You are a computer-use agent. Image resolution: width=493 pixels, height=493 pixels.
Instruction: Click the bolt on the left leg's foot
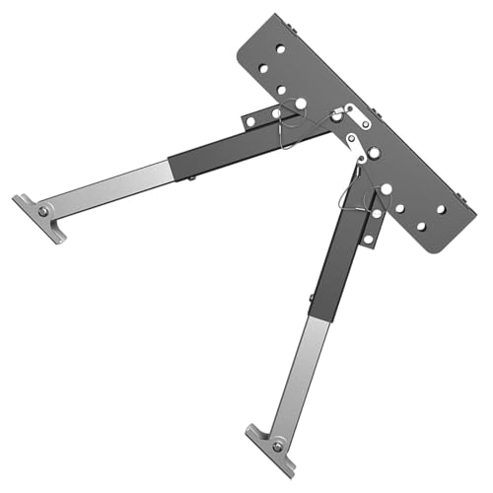pos(43,210)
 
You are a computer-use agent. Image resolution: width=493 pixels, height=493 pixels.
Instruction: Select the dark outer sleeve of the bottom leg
pos(332,261)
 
